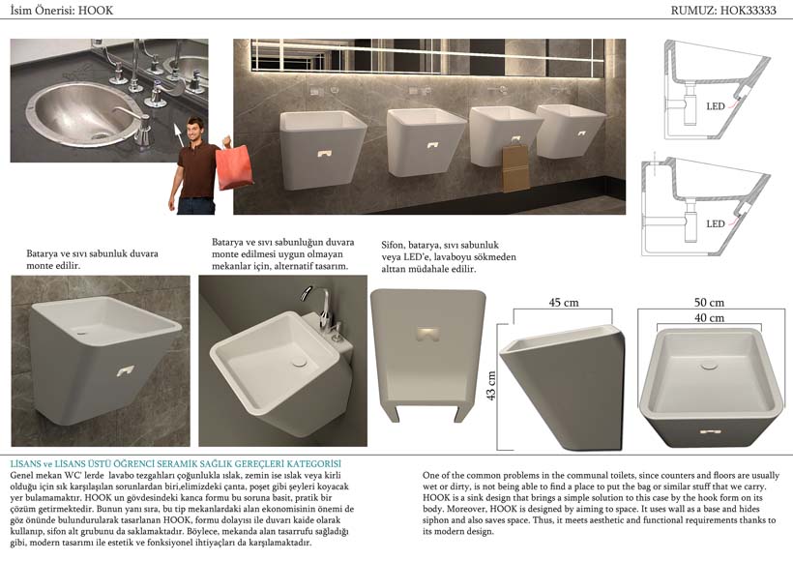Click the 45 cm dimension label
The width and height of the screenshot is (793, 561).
[564, 303]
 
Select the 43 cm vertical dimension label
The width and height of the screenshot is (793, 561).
[490, 386]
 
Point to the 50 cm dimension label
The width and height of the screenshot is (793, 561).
[709, 303]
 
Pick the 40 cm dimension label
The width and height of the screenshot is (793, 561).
[709, 318]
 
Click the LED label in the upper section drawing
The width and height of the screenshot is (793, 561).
[716, 106]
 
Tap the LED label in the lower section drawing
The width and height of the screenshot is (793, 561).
[716, 223]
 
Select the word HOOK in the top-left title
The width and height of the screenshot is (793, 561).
[96, 10]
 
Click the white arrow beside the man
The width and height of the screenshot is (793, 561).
[178, 134]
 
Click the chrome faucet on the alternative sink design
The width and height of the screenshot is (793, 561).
[319, 305]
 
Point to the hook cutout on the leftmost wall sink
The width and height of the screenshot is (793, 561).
[325, 153]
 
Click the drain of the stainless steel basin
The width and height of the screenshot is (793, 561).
[100, 135]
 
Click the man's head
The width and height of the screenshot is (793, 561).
[195, 130]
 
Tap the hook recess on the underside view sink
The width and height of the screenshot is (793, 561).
[428, 334]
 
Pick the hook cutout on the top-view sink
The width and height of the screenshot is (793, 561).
[710, 432]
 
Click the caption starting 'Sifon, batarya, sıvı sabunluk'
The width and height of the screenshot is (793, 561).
[449, 257]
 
